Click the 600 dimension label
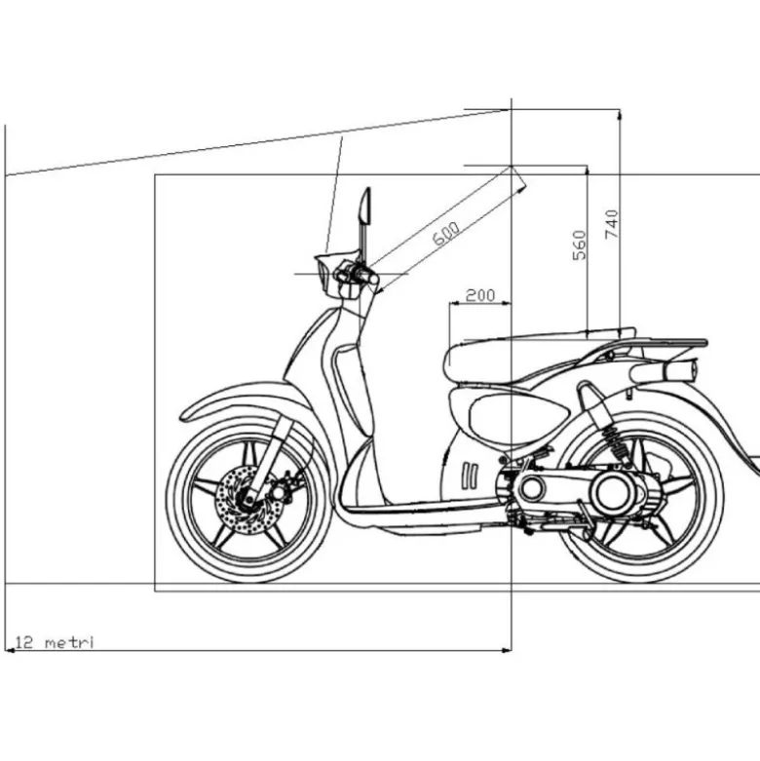coord(445,234)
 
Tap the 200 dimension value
coord(480,295)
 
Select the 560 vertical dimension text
coord(580,246)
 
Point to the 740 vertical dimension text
coord(612,224)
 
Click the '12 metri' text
coord(54,642)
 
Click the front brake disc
coord(249,500)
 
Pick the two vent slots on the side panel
coord(470,476)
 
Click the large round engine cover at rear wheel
coord(613,492)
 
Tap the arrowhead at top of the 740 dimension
coord(620,115)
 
